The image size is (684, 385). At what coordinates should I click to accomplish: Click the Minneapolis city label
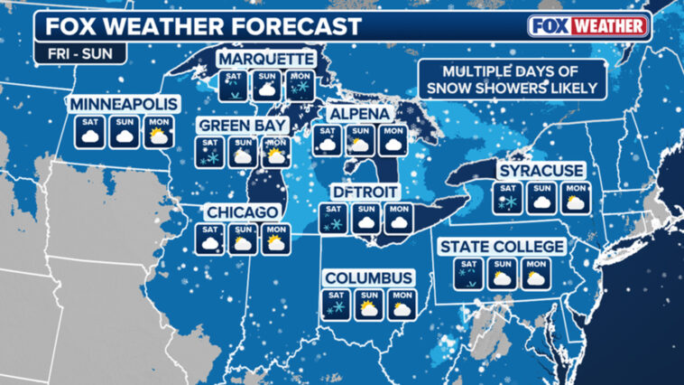(x=123, y=104)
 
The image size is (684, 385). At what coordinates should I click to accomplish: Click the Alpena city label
(x=359, y=115)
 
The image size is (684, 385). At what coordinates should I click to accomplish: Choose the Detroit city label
(x=366, y=192)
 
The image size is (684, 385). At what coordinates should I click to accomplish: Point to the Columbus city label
(x=369, y=277)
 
